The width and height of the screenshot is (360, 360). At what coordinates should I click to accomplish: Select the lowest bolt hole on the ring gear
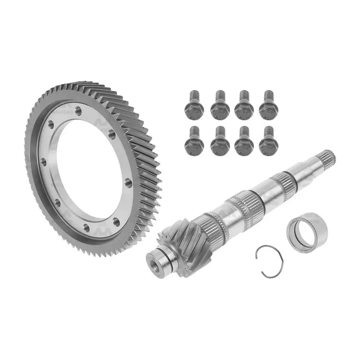pos(87,227)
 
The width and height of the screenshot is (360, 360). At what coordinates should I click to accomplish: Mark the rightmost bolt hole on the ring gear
pos(129,183)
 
